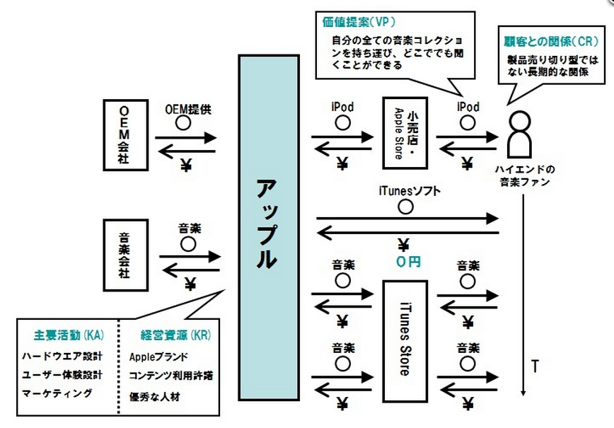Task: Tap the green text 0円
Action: (x=408, y=261)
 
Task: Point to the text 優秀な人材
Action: (x=155, y=395)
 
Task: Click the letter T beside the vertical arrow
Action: (x=535, y=366)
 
